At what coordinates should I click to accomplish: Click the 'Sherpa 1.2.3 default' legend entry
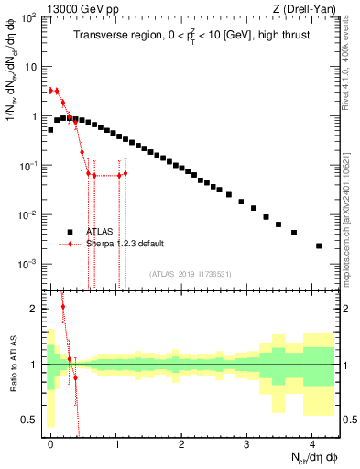[125, 244]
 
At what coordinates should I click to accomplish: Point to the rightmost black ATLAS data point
[319, 245]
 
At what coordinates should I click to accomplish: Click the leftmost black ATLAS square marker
[50, 130]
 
